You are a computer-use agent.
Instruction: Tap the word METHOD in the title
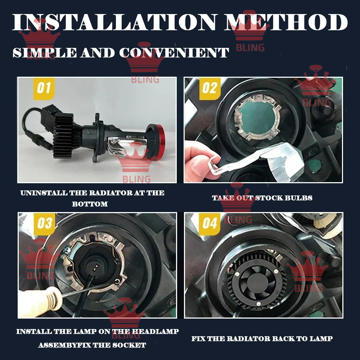286,22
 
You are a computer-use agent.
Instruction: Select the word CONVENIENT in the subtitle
174,53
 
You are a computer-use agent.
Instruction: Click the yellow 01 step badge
44,89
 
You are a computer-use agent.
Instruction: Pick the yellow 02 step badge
210,89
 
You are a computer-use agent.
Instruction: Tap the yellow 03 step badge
45,224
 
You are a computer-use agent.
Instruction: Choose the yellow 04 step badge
210,224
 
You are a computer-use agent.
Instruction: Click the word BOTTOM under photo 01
90,204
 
